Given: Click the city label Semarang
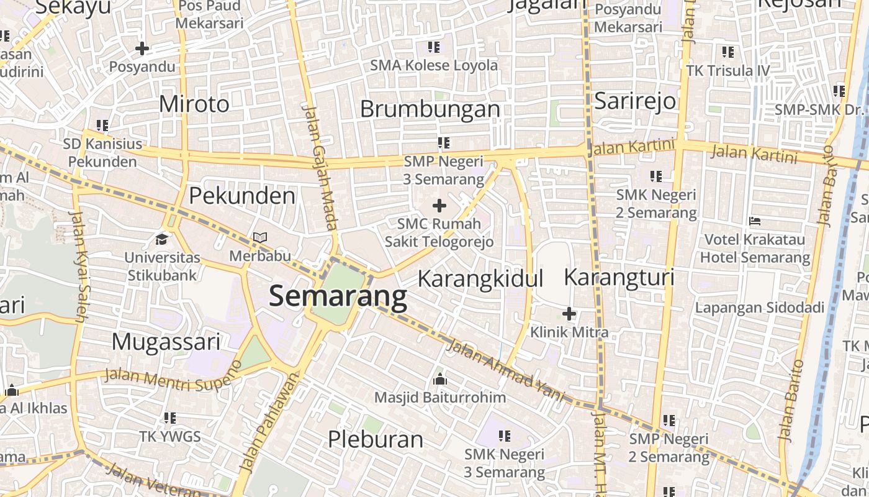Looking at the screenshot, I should coord(338,296).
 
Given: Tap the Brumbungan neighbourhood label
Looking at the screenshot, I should coord(430,109).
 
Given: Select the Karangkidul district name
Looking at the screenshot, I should coord(480,278).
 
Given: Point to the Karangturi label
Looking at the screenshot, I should coord(618,277).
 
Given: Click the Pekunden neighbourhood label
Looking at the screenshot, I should coord(241,196).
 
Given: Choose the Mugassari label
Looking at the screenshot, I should coord(166,341).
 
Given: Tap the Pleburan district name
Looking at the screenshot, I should coord(375,439).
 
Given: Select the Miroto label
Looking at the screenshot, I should coord(194,103).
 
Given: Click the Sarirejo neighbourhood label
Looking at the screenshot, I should coord(635,100).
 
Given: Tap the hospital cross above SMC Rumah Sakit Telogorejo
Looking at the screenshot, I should coord(439,206).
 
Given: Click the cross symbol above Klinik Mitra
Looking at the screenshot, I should coord(569,314).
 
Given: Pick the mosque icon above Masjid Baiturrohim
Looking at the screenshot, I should coord(440,378).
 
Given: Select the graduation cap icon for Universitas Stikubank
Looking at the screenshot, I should coord(162,239).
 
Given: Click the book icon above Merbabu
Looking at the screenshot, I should coord(260,238).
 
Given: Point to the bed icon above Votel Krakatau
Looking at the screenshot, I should coord(755,221).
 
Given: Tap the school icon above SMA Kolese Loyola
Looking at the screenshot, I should coord(434,47).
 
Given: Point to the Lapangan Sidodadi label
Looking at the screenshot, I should coord(759,308).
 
